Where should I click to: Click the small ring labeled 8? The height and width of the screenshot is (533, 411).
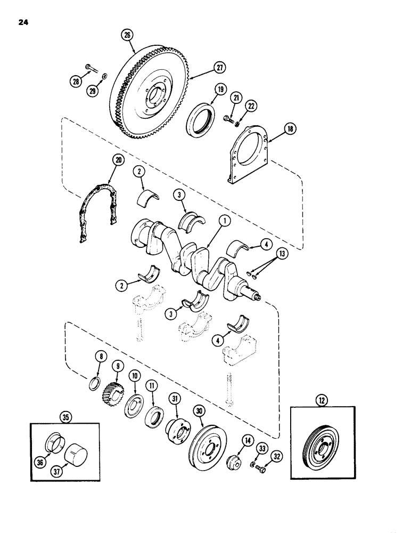point(93,382)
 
